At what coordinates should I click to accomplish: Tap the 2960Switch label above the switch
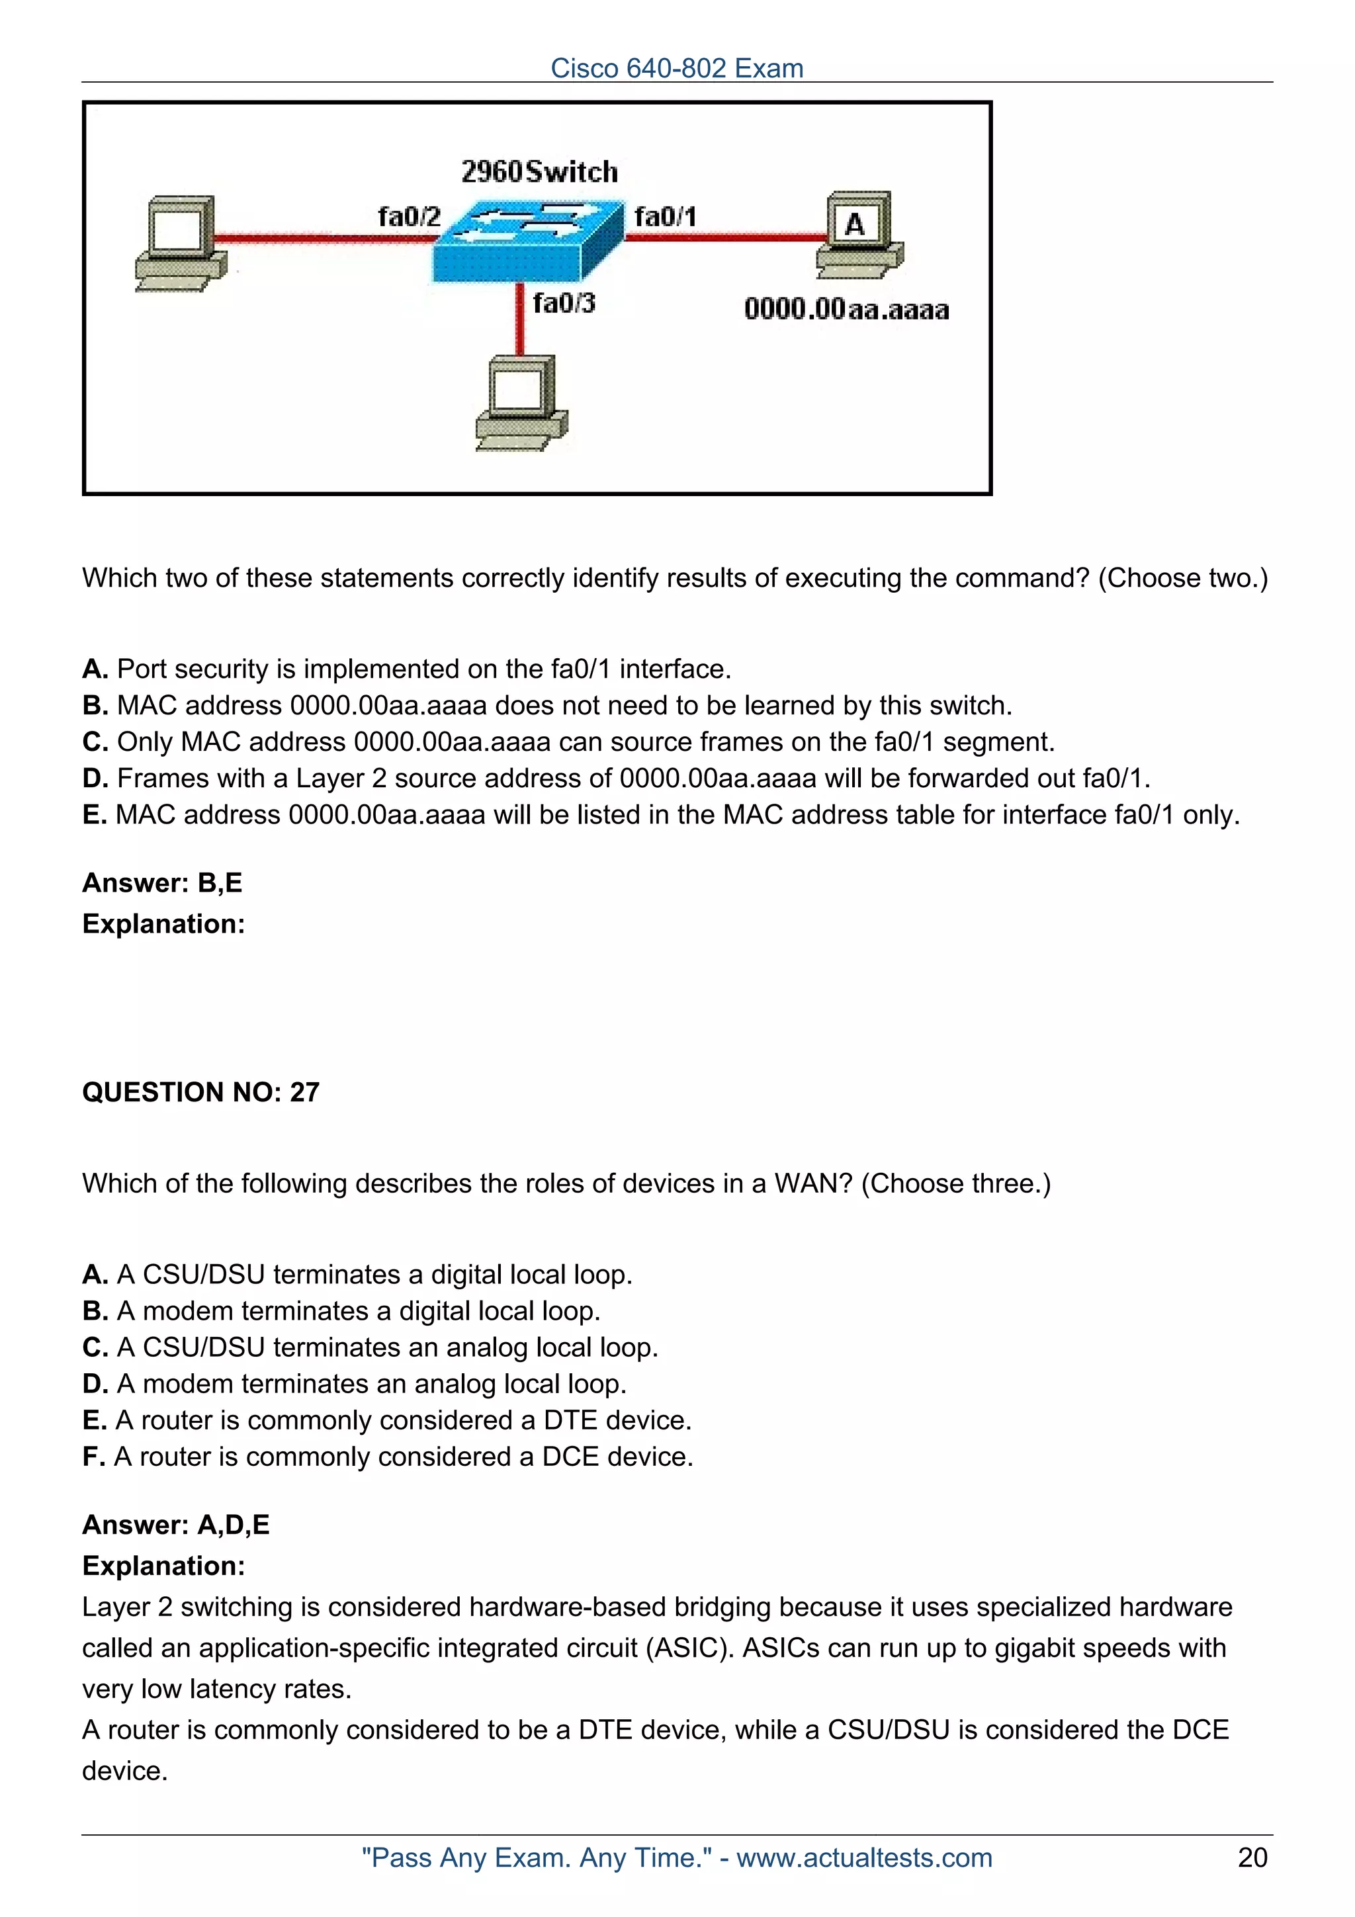pyautogui.click(x=539, y=172)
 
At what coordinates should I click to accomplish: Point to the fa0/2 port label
pyautogui.click(x=408, y=217)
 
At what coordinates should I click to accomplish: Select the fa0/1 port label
pyautogui.click(x=664, y=217)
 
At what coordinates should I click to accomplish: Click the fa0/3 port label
pyautogui.click(x=564, y=302)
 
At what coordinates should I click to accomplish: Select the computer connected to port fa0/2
pyautogui.click(x=181, y=243)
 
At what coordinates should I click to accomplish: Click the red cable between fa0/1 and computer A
pyautogui.click(x=726, y=238)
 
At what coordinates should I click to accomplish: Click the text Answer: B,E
pyautogui.click(x=162, y=882)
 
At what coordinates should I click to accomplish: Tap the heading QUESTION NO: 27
pyautogui.click(x=200, y=1092)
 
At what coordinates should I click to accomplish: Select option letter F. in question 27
pyautogui.click(x=93, y=1457)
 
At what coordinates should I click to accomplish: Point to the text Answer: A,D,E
pyautogui.click(x=175, y=1525)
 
